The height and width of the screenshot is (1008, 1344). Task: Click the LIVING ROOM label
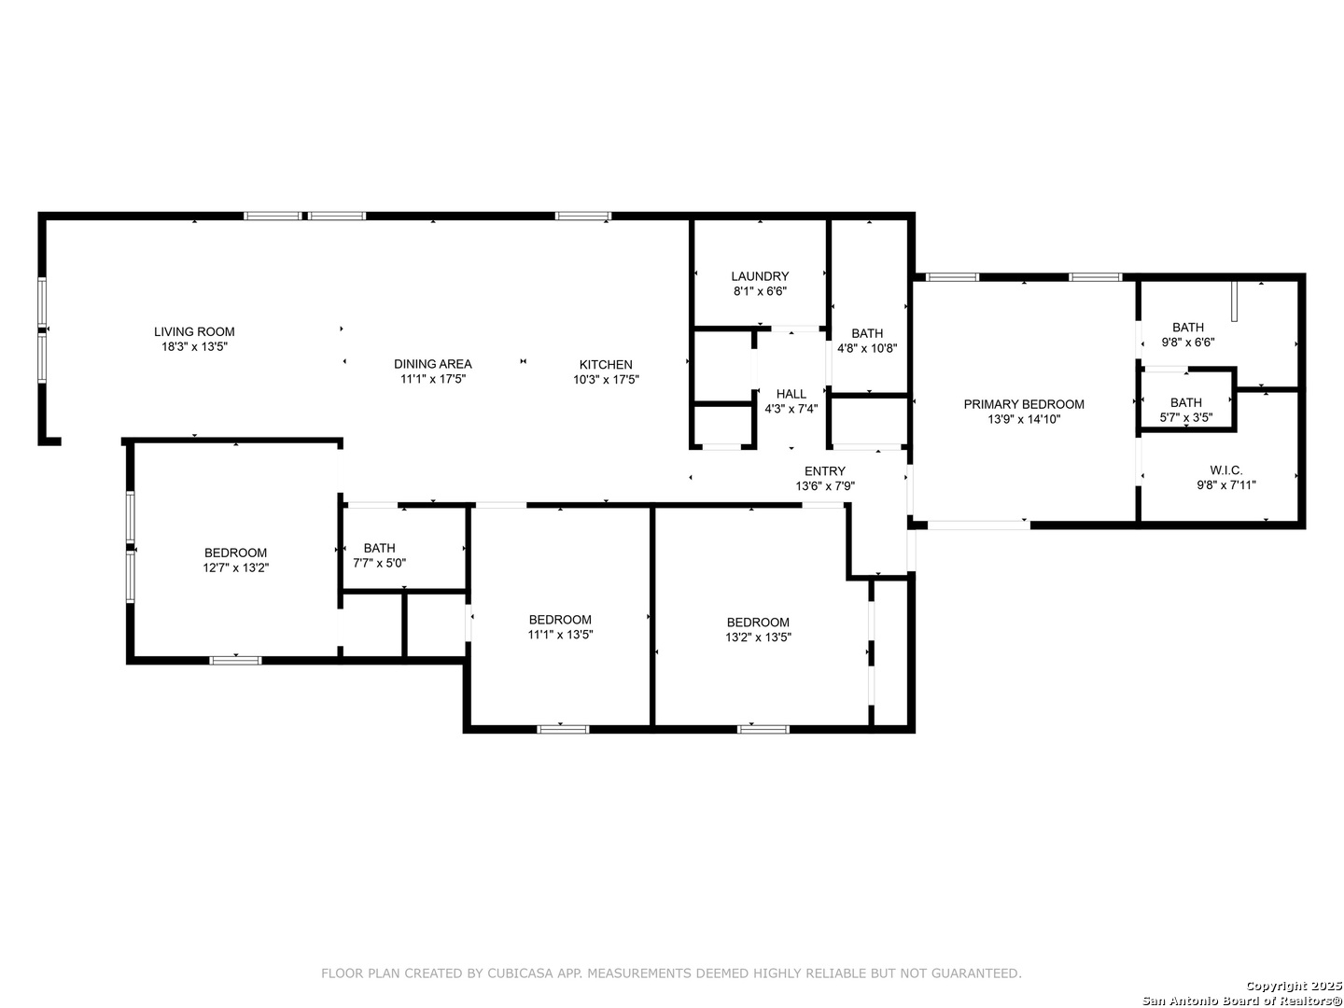click(x=194, y=331)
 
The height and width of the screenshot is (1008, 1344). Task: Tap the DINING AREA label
click(x=433, y=364)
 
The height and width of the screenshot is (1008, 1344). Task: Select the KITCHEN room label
click(x=606, y=365)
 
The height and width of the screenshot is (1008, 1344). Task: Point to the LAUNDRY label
click(x=760, y=276)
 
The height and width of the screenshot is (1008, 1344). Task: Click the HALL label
click(x=791, y=394)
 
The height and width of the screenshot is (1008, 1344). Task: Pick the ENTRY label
click(x=825, y=471)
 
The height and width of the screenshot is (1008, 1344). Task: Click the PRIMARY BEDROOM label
click(x=1024, y=404)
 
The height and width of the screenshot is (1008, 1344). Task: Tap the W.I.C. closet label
click(x=1226, y=470)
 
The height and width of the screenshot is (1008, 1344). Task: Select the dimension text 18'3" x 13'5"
click(x=194, y=347)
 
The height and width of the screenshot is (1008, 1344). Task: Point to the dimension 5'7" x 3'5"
click(x=1186, y=418)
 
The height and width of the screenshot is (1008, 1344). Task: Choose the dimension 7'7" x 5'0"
click(x=379, y=563)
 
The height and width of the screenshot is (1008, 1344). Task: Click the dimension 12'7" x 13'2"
click(x=236, y=568)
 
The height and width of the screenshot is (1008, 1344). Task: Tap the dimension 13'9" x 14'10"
click(x=1024, y=420)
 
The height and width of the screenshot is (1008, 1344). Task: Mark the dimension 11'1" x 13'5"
click(x=560, y=635)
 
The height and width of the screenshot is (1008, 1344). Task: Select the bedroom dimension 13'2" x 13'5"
click(x=758, y=637)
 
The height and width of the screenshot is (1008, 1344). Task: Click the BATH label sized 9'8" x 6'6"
click(x=1188, y=328)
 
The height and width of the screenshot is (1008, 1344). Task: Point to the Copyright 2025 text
click(x=1294, y=986)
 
